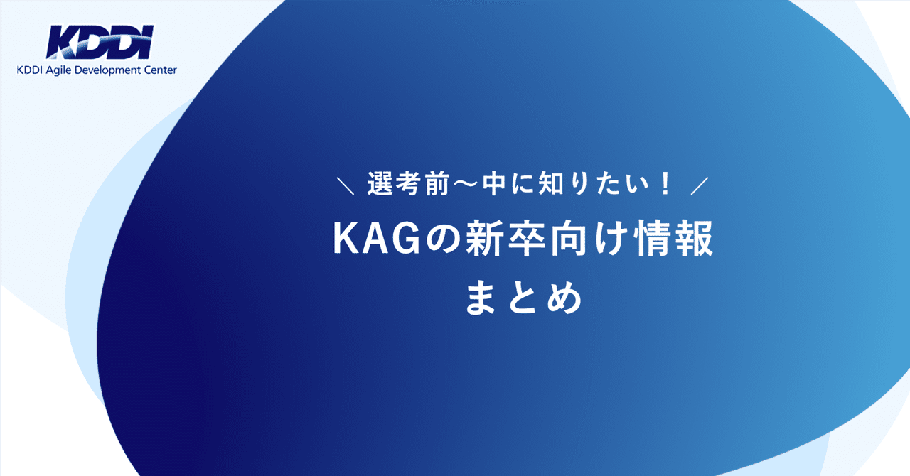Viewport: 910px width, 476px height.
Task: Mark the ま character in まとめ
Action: pos(483,298)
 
